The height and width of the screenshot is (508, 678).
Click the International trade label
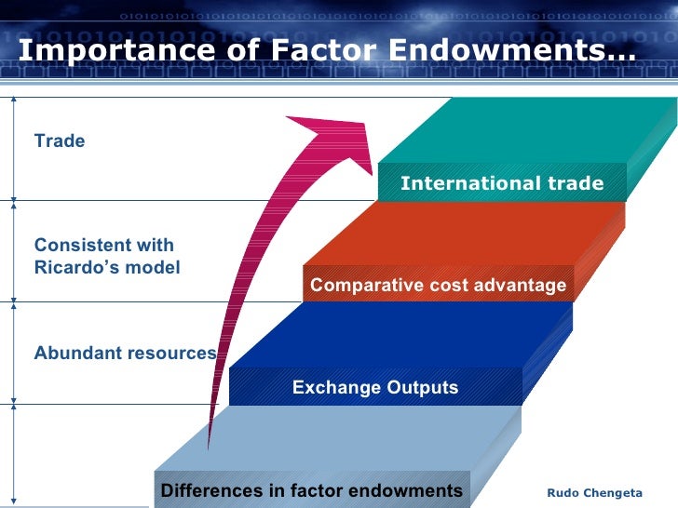(501, 183)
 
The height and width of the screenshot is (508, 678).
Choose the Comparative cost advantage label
(438, 286)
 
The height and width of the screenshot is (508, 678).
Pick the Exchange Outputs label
(375, 387)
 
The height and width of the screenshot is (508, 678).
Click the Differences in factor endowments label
(312, 490)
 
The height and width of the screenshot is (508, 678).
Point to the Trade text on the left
(60, 141)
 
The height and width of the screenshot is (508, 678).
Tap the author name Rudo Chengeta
(593, 492)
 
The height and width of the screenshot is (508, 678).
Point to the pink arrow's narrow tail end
(212, 437)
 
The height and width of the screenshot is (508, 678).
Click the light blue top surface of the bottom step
(354, 437)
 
